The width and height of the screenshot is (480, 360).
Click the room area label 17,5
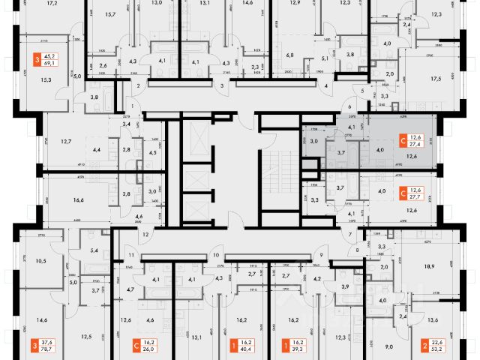pyautogui.click(x=455, y=76)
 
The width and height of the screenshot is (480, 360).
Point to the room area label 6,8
pyautogui.click(x=290, y=55)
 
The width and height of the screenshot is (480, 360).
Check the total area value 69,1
pyautogui.click(x=52, y=65)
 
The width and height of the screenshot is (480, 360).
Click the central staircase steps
pyautogui.click(x=279, y=165)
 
